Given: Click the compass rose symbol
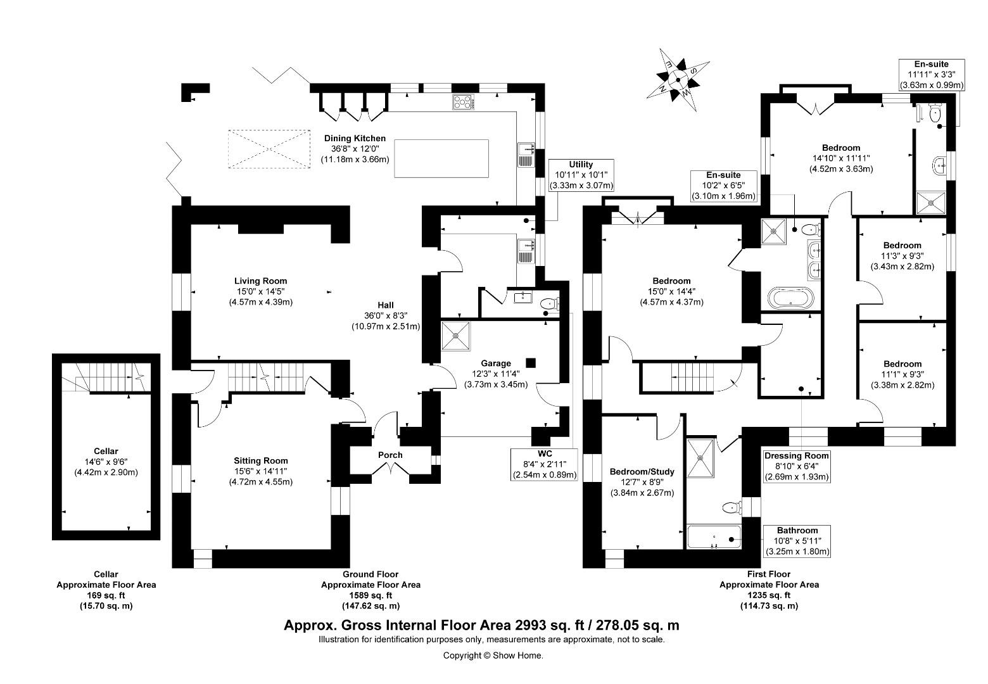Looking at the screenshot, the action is [x=678, y=80].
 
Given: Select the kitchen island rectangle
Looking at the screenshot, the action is [x=441, y=158].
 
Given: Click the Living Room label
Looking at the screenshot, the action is [x=260, y=281].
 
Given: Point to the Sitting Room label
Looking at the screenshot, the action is [x=261, y=461].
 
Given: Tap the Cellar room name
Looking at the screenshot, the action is [x=106, y=451].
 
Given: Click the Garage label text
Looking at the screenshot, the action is [x=496, y=364].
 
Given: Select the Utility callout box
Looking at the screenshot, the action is [x=581, y=175].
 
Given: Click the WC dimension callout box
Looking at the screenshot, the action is [x=544, y=464].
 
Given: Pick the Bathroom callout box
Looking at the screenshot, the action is [x=797, y=541].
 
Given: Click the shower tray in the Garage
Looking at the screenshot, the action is [x=455, y=336].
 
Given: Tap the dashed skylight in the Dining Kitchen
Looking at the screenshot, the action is [x=269, y=149].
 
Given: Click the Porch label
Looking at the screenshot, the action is [x=390, y=455].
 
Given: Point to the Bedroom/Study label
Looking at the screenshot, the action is [x=642, y=471].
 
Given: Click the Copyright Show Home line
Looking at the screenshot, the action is [x=493, y=655].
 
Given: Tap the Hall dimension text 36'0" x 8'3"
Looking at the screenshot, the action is [x=386, y=316].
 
